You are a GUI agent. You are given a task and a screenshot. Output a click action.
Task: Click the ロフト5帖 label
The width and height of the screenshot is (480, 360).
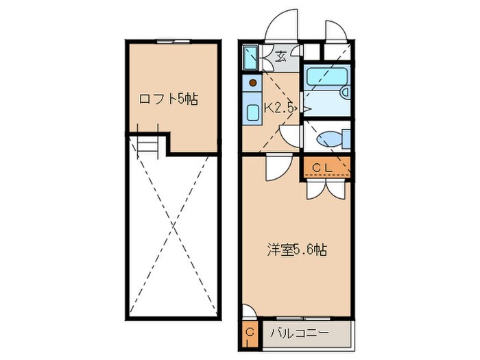[x=168, y=99]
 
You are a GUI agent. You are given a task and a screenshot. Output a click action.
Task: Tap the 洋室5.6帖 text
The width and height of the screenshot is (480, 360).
[x=296, y=250]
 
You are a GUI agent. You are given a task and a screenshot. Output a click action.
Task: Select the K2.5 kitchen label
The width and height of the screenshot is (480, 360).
[x=279, y=108]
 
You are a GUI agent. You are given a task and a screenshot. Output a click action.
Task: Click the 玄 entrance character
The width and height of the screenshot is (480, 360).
[x=281, y=58]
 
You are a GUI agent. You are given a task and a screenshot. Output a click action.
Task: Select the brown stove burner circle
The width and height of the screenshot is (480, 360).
[x=253, y=84]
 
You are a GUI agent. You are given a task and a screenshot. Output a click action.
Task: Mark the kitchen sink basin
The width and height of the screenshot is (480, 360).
[x=250, y=110]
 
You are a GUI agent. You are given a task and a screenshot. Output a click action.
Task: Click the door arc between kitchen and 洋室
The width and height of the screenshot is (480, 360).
[x=278, y=167]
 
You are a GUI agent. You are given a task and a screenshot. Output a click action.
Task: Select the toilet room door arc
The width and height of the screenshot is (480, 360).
[x=293, y=133]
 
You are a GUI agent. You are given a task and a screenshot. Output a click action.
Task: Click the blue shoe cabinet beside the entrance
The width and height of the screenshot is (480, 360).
[x=249, y=58]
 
